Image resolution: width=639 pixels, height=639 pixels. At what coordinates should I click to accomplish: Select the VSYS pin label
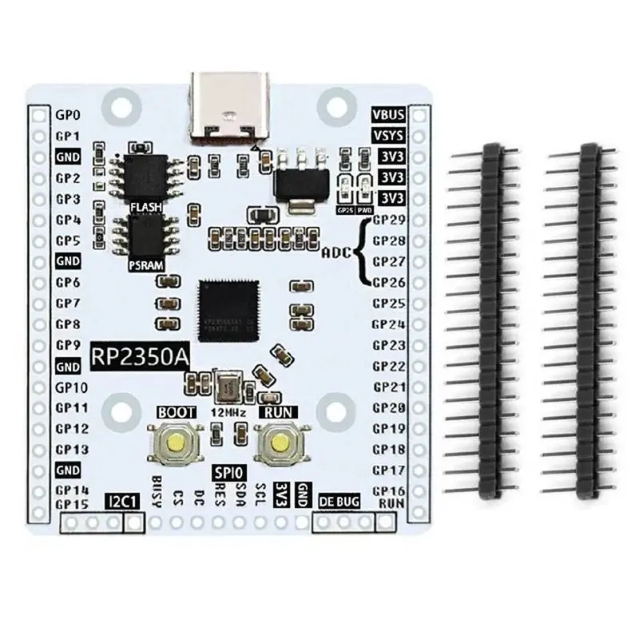(388, 135)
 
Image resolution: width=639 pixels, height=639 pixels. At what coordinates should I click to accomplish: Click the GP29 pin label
(390, 219)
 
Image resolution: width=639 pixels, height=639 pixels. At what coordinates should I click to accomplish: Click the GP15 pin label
(71, 504)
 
